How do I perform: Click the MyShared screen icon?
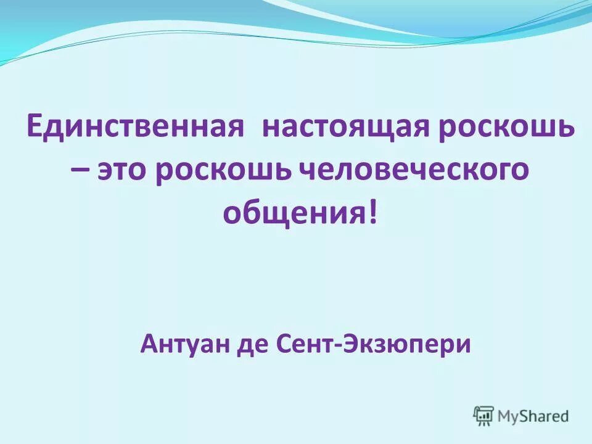(484, 415)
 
